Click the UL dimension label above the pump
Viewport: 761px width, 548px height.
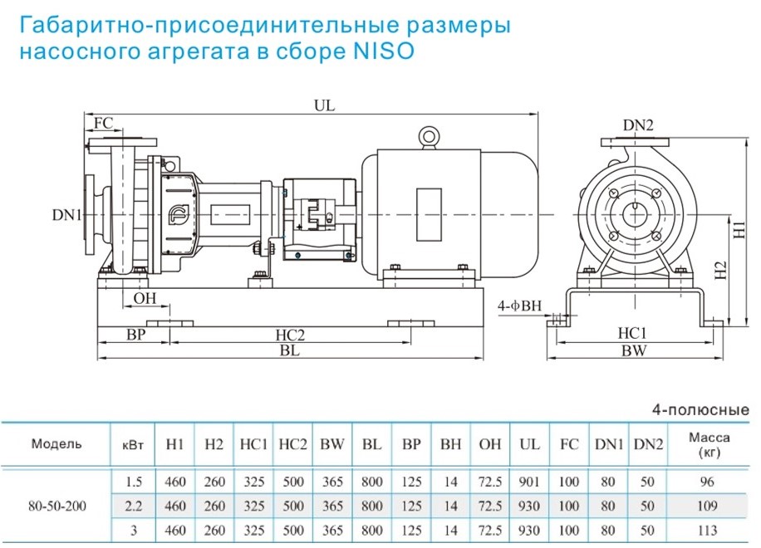tap(325, 105)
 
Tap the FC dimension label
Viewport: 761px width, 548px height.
tap(103, 123)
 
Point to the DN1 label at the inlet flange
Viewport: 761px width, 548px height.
tap(66, 214)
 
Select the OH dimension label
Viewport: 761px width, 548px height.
tap(145, 298)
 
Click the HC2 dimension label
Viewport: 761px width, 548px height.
tap(290, 335)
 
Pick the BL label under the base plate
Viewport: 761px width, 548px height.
tap(290, 350)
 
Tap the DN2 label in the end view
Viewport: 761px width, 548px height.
tap(638, 125)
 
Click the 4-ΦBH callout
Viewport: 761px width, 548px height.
tap(519, 306)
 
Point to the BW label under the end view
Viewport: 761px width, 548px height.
tap(634, 350)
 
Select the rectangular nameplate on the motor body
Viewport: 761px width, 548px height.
tap(429, 214)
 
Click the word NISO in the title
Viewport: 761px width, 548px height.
tap(384, 51)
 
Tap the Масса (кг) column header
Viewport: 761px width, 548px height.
tap(709, 445)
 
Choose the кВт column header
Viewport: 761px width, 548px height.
tap(133, 445)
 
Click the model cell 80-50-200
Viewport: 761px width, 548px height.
tap(57, 506)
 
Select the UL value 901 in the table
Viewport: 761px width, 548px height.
tap(529, 482)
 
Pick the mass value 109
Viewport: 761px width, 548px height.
tap(707, 506)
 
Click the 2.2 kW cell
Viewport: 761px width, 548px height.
tap(134, 506)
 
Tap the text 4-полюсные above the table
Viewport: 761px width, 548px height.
tap(700, 410)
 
